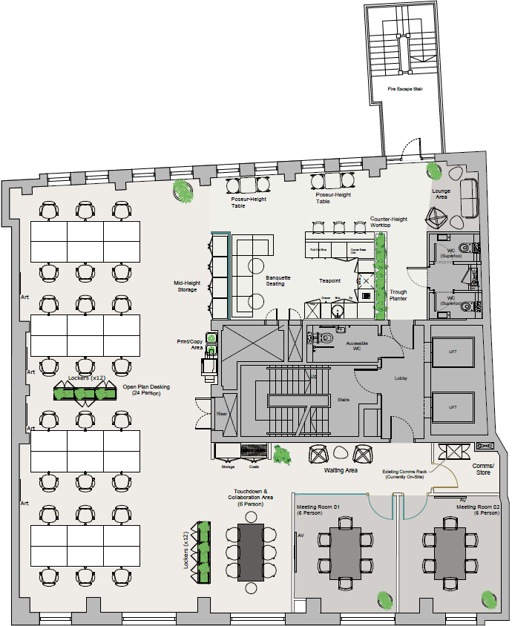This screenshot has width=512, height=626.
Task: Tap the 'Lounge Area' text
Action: (442, 194)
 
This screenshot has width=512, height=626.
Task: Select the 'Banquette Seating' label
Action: (278, 281)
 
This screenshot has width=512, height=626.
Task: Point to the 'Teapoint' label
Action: (329, 281)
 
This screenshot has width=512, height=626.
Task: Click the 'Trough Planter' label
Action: (398, 295)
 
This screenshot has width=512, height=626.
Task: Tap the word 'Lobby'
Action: (401, 378)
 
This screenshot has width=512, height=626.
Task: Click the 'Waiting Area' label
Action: (342, 470)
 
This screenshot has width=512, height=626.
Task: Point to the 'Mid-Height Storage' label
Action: (186, 286)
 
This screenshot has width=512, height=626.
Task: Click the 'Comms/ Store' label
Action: (483, 468)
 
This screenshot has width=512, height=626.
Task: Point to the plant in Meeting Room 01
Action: (384, 598)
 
